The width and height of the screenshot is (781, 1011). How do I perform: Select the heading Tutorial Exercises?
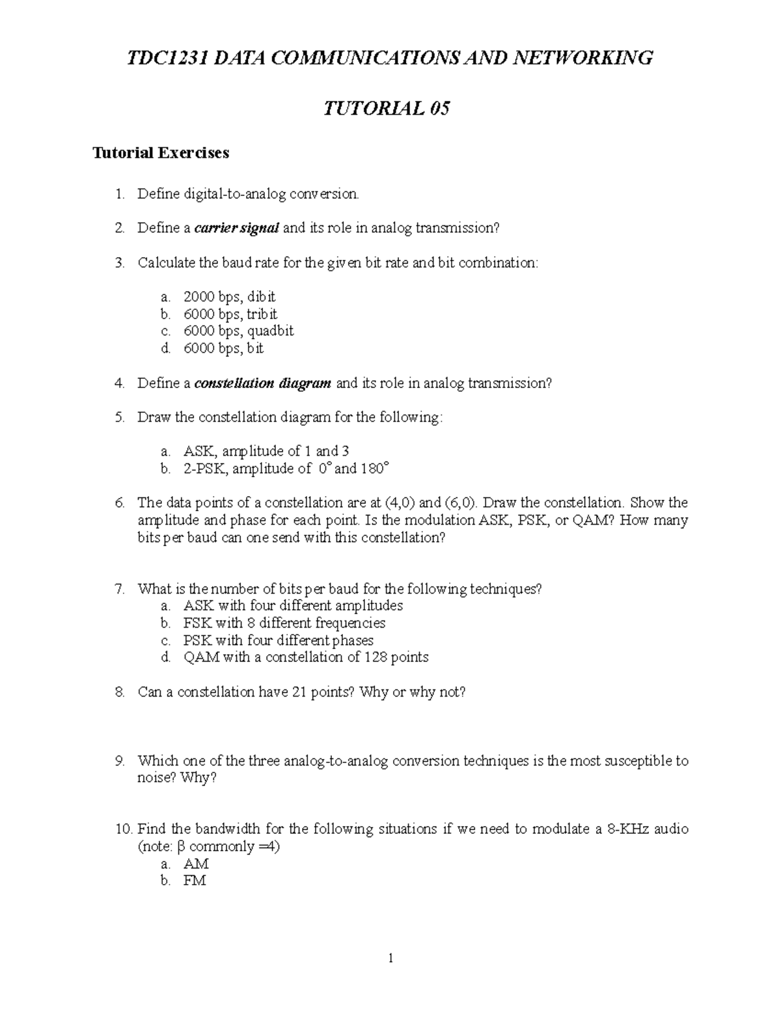161,153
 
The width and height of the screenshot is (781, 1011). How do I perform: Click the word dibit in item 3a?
261,297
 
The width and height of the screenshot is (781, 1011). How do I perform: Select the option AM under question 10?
196,864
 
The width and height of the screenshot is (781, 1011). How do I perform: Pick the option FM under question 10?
195,881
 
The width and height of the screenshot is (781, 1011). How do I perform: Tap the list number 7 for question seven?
119,589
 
